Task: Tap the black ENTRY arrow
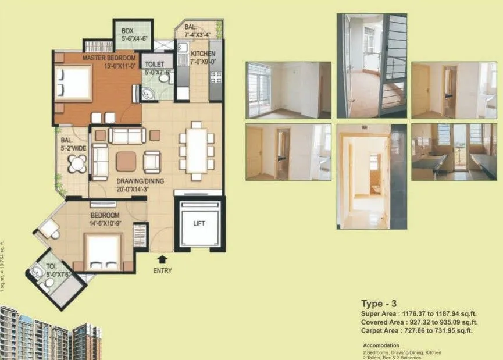(162, 258)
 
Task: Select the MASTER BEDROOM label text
(109, 58)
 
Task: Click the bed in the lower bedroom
(104, 251)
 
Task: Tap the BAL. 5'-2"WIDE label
(73, 144)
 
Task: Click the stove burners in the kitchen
(215, 77)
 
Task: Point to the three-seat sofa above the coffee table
(127, 136)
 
